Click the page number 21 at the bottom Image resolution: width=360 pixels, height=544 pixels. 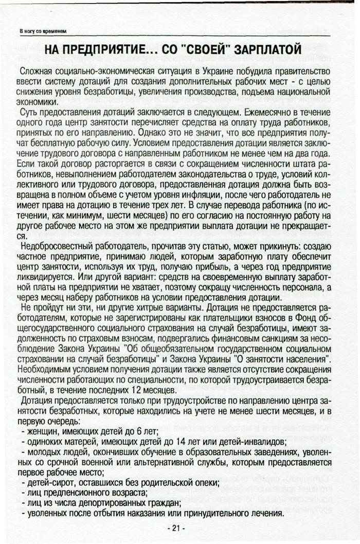coord(176,528)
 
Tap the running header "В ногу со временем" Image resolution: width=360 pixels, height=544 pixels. coord(43,32)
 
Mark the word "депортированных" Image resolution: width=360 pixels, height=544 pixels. coord(119,502)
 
